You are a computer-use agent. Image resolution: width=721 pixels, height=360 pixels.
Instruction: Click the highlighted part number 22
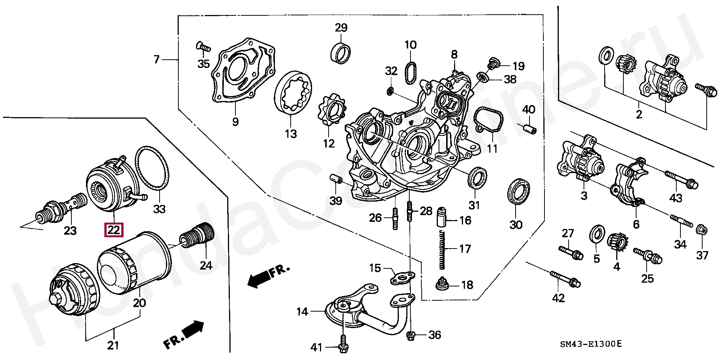click(x=114, y=229)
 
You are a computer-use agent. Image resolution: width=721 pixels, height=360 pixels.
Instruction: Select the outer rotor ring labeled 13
click(x=293, y=92)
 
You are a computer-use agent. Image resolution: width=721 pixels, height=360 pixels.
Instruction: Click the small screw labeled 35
click(x=203, y=47)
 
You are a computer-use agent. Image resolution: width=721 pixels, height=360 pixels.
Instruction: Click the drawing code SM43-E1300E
click(x=591, y=344)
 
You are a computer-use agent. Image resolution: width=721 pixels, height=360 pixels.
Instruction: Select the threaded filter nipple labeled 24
click(x=198, y=234)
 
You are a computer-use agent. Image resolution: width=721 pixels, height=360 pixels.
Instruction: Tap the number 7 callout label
click(x=157, y=59)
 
